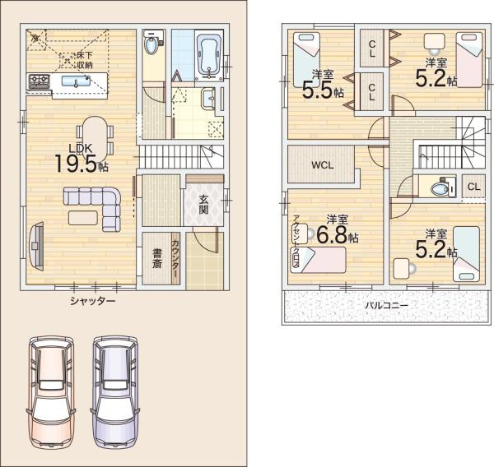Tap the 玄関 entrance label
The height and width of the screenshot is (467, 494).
coord(204,205)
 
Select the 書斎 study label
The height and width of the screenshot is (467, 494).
coord(157,258)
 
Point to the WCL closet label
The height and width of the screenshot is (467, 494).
coord(323,165)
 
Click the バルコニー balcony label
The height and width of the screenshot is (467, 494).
coord(387,305)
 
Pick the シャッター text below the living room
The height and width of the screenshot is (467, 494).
coord(92,301)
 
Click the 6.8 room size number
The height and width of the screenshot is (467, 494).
coord(332,235)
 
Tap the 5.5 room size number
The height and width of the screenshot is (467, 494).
coord(318,90)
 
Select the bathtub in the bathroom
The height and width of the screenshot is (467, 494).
coord(209,55)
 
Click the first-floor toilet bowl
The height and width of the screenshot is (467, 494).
coord(151,45)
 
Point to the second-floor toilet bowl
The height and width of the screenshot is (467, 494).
coord(438,189)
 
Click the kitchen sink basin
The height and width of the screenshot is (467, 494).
coord(76,81)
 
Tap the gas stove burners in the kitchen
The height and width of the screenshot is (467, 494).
coord(39,81)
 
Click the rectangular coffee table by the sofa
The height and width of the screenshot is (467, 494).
coord(83,218)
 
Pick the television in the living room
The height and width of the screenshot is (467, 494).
coord(36,246)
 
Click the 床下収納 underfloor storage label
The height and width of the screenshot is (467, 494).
coord(85,60)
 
